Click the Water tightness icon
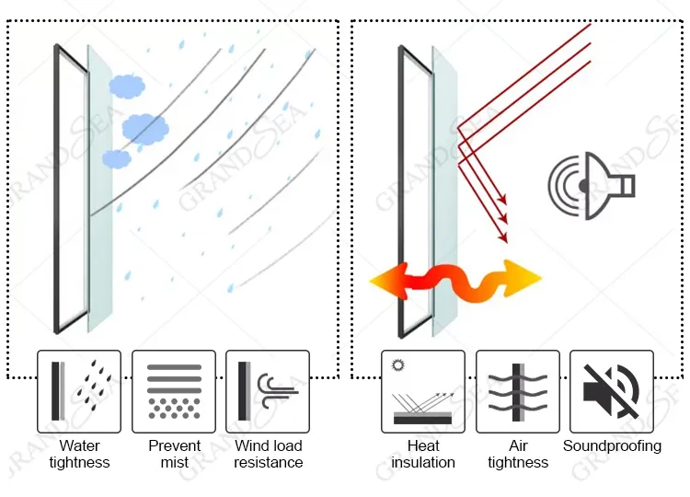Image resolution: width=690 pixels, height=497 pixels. click(79, 391)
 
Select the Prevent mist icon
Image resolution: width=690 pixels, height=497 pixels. click(174, 391)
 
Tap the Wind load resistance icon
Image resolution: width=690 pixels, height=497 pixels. click(268, 391)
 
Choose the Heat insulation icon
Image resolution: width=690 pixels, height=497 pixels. click(423, 391)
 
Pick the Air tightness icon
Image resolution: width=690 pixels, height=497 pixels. click(518, 391)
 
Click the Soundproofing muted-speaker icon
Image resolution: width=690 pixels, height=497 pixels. click(612, 391)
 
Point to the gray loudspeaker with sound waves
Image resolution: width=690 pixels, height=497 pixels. click(590, 186)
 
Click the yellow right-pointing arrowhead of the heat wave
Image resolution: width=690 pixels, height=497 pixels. click(523, 274)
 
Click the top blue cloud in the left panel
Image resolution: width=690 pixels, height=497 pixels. click(127, 87)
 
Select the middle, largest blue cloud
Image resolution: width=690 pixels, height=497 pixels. click(144, 128)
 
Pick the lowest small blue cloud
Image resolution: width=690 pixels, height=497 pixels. click(117, 158)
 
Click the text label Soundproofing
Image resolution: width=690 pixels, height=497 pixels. click(612, 446)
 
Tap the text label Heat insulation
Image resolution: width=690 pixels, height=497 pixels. click(423, 454)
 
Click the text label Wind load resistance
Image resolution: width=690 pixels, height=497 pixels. click(268, 454)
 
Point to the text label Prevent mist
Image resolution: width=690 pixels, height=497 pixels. click(174, 454)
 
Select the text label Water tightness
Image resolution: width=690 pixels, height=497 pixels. click(79, 454)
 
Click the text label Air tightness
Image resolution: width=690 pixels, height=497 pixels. click(518, 454)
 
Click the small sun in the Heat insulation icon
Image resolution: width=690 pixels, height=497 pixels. click(398, 365)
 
